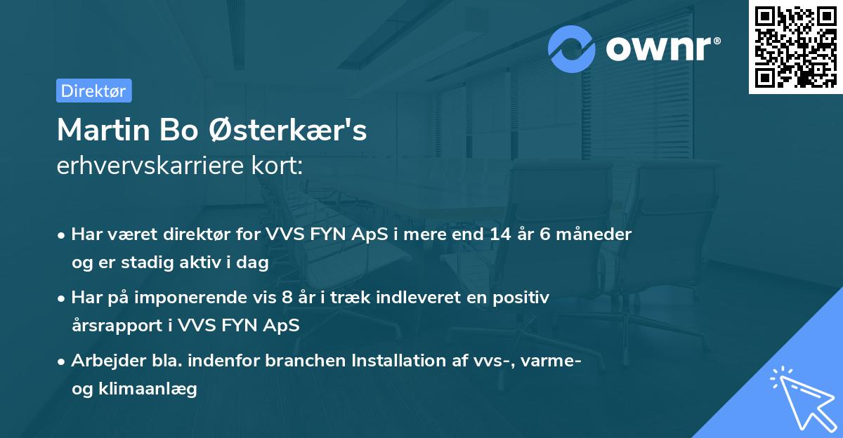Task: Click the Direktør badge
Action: pos(93,91)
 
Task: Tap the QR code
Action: pos(795,46)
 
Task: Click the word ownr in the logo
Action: pos(662,49)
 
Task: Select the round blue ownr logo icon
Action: pos(573,49)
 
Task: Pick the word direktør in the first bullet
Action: pos(178,234)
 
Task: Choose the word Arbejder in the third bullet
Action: pos(104,361)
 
